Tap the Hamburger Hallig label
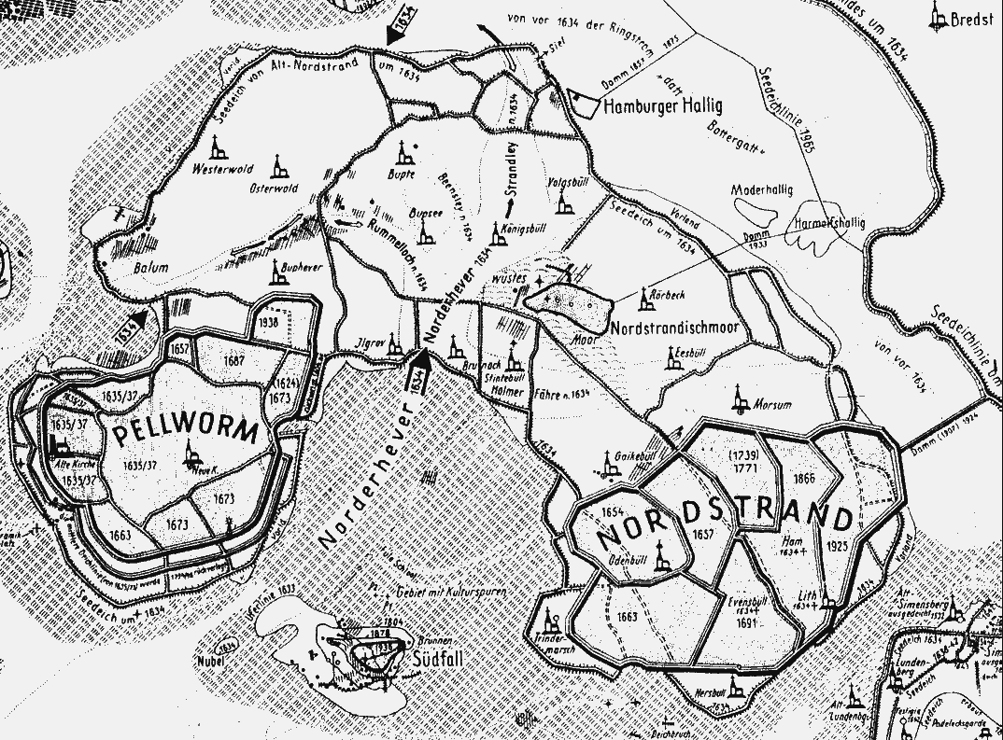(663, 106)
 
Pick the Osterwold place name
(274, 188)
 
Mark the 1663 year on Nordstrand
(627, 617)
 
